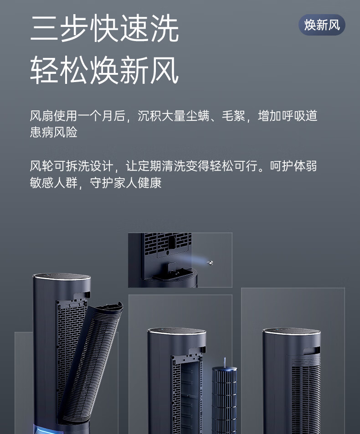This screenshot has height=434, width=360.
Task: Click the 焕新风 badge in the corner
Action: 322,25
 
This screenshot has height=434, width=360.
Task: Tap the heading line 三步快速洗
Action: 105,28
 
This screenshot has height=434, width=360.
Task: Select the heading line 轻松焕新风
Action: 105,70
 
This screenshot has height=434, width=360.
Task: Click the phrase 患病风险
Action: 54,132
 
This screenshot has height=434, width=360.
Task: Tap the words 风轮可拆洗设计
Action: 72,166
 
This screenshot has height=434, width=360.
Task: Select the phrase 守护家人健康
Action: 126,183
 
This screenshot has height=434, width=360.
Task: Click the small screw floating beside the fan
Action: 210,263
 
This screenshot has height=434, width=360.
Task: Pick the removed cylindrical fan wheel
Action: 224,398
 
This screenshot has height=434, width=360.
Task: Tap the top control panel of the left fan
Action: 62,277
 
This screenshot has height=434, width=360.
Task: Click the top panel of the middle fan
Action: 176,331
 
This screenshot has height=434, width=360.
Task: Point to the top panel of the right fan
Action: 291,331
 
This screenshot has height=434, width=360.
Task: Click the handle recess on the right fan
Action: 312,351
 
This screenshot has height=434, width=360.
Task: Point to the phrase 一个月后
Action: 102,116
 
